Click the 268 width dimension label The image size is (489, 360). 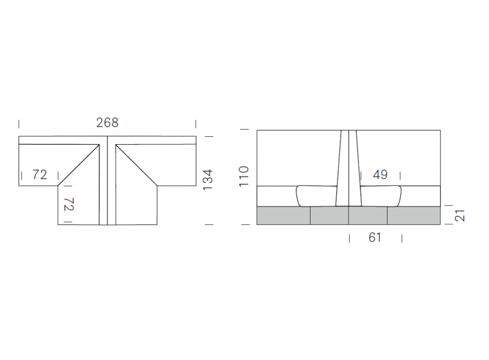[108, 123]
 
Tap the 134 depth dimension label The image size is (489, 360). [208, 180]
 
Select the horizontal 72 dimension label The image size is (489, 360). [40, 175]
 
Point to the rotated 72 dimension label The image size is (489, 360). [69, 204]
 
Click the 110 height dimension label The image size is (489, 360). [244, 177]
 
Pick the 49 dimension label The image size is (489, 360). [380, 175]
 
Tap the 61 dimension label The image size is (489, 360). [375, 238]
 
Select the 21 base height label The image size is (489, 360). [460, 216]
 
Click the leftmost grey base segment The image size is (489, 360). [284, 216]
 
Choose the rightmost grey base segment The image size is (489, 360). [414, 216]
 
